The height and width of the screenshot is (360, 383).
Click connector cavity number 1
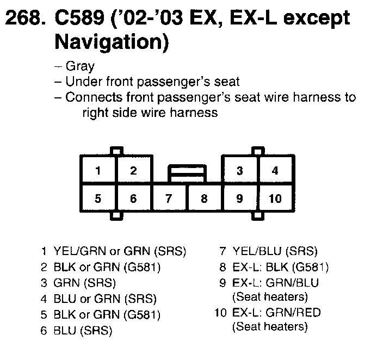pyautogui.click(x=98, y=171)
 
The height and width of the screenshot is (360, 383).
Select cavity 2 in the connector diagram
pyautogui.click(x=133, y=171)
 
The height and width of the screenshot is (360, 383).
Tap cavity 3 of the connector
pyautogui.click(x=239, y=171)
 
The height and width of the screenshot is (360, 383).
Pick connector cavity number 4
pyautogui.click(x=275, y=171)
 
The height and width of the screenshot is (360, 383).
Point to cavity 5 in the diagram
pyautogui.click(x=98, y=198)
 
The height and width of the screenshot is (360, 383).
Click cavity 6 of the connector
pyautogui.click(x=133, y=198)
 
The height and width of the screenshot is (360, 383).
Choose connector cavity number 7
pyautogui.click(x=169, y=198)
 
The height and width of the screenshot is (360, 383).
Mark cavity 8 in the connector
pyautogui.click(x=204, y=198)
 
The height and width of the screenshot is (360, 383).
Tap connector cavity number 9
pyautogui.click(x=239, y=198)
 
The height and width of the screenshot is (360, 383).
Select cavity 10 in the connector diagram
pyautogui.click(x=275, y=198)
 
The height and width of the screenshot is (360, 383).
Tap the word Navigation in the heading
pyautogui.click(x=112, y=42)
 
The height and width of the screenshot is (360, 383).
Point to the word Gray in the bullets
pyautogui.click(x=79, y=67)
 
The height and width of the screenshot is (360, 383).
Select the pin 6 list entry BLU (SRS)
pyautogui.click(x=83, y=330)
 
